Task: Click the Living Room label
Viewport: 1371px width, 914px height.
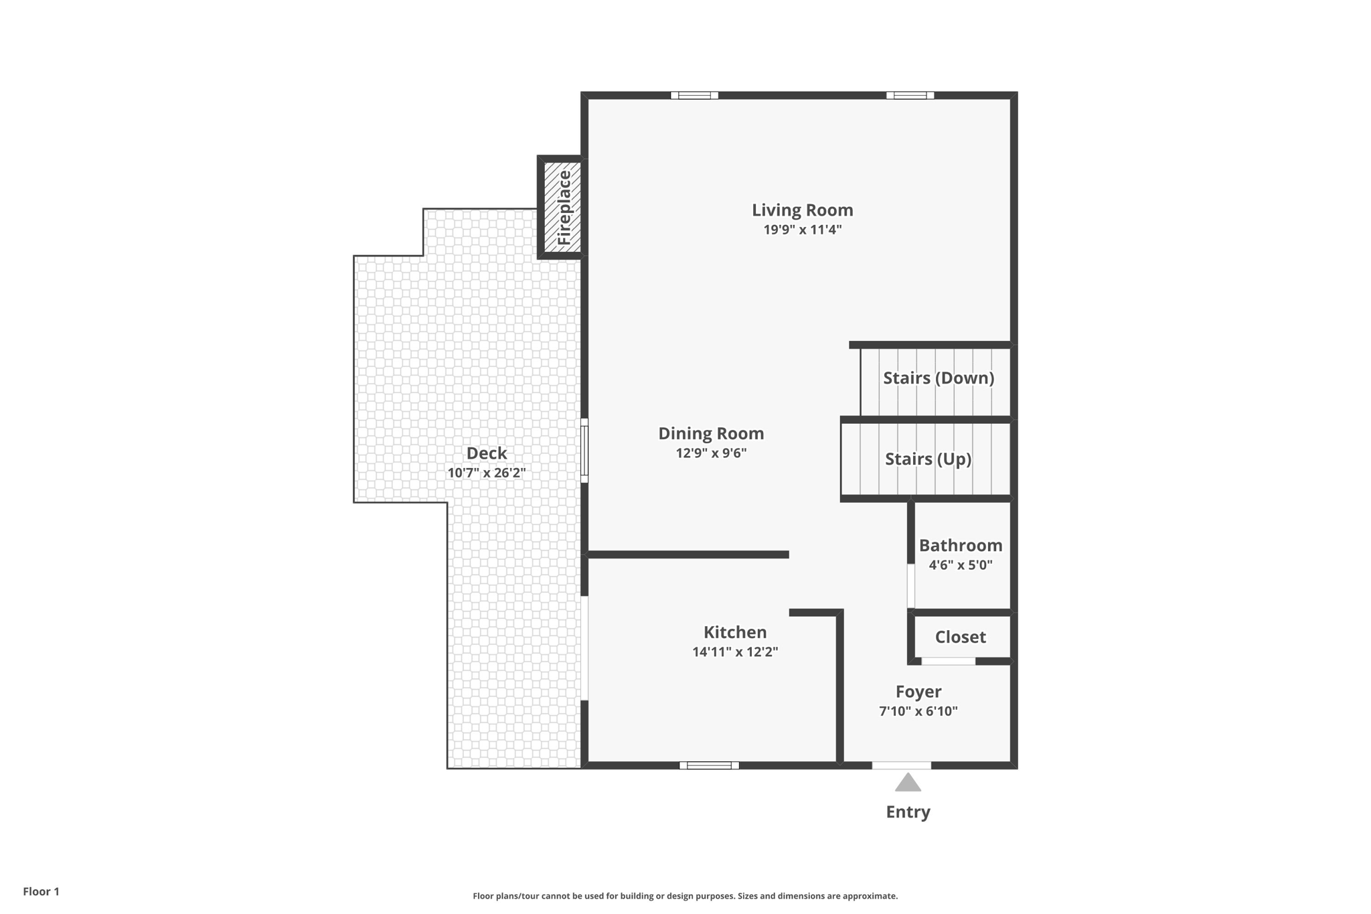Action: pyautogui.click(x=802, y=210)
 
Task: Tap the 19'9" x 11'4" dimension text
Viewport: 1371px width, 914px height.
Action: pyautogui.click(x=802, y=230)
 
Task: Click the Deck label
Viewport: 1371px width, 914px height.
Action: pyautogui.click(x=486, y=453)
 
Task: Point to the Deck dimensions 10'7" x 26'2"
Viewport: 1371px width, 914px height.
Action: pyautogui.click(x=486, y=473)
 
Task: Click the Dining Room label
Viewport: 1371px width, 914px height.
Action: pyautogui.click(x=711, y=433)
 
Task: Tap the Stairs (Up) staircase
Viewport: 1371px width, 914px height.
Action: pyautogui.click(x=927, y=459)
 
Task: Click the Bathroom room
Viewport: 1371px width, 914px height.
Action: pyautogui.click(x=961, y=554)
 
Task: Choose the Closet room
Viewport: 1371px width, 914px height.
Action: pyautogui.click(x=961, y=637)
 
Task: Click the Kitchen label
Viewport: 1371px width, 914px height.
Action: pyautogui.click(x=735, y=632)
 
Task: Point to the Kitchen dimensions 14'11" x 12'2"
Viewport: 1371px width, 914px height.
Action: pyautogui.click(x=735, y=652)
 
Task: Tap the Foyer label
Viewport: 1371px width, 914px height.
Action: pyautogui.click(x=918, y=692)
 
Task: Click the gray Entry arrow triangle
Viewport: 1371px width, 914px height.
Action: pyautogui.click(x=908, y=783)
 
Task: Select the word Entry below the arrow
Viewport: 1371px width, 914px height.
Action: pyautogui.click(x=908, y=812)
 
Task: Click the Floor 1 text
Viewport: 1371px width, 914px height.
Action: pyautogui.click(x=41, y=891)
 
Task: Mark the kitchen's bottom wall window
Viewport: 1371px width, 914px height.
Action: pyautogui.click(x=709, y=765)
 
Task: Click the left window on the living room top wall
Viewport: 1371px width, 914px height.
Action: pyautogui.click(x=694, y=95)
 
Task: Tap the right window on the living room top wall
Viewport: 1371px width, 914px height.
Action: pyautogui.click(x=910, y=95)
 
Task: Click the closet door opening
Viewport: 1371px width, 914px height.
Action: pyautogui.click(x=948, y=662)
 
